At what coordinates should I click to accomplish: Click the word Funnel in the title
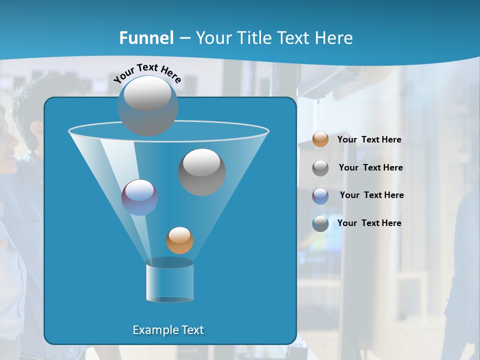pos(146,38)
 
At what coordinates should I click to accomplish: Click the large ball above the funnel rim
pos(147,106)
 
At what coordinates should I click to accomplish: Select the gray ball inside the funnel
pos(201,172)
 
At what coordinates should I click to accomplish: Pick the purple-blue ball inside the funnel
pos(139,197)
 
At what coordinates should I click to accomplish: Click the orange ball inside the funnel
pos(179,240)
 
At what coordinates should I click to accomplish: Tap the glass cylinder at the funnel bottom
pos(169,282)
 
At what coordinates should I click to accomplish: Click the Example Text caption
pos(168,330)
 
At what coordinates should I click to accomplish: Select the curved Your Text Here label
pos(147,73)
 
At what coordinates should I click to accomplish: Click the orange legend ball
pos(320,139)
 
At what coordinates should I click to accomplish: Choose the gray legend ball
pos(320,168)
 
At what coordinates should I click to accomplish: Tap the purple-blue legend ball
pos(320,195)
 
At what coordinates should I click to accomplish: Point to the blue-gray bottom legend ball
pos(320,223)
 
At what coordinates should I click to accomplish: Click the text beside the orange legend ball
pos(369,140)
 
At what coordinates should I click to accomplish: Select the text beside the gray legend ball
pos(370,168)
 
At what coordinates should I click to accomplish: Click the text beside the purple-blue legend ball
pos(371,195)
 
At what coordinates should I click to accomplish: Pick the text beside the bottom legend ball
pos(369,223)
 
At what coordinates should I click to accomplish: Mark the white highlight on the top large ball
pos(147,93)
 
